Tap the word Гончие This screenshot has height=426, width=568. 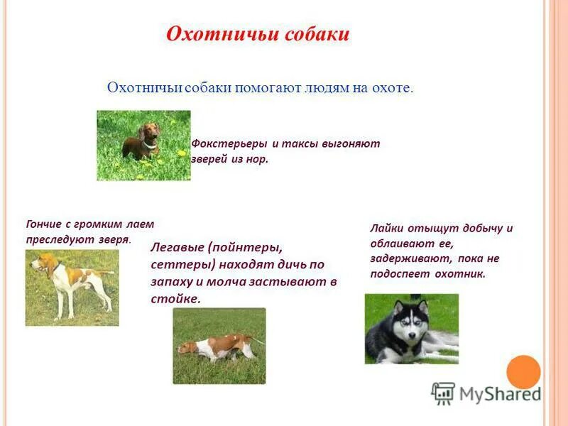coord(45,224)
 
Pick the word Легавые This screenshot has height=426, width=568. coord(177,248)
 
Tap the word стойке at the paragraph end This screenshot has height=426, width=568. coord(175,299)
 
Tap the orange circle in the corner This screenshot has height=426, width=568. coord(524,371)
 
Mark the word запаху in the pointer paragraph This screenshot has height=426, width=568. coord(170,282)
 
